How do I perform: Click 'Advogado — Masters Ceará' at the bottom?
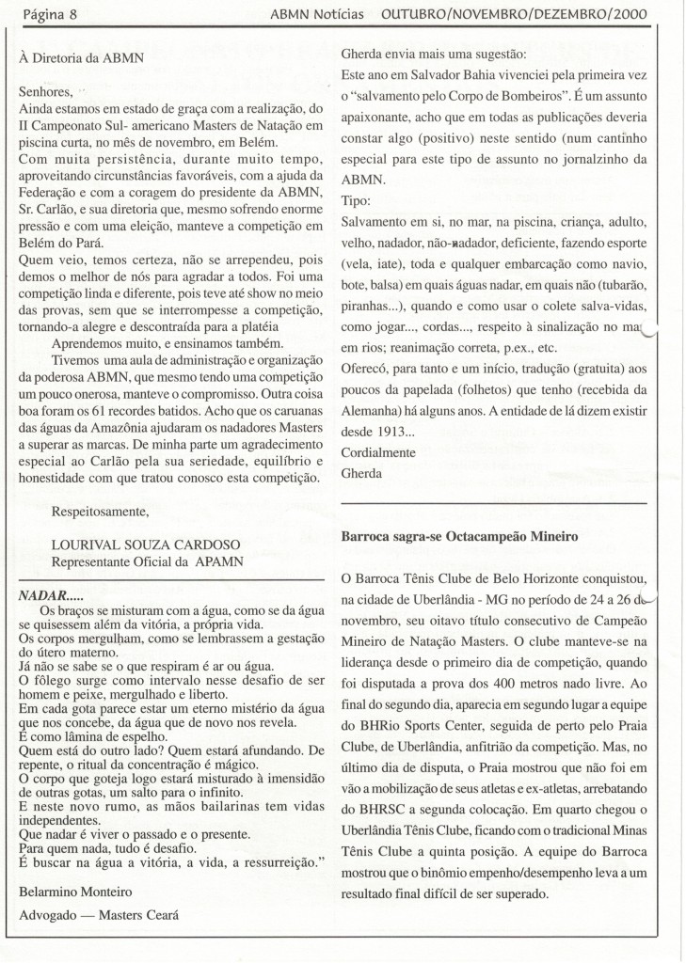click(99, 914)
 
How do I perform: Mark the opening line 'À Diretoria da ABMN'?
click(81, 58)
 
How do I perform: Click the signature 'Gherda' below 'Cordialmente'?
click(361, 473)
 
